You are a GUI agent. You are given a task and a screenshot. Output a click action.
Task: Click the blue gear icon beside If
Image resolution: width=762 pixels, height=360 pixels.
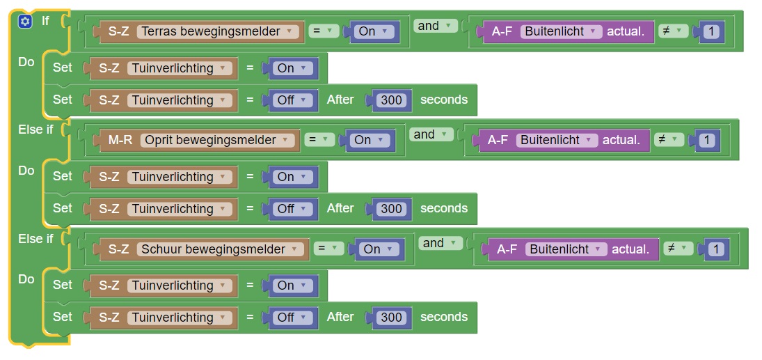(25, 21)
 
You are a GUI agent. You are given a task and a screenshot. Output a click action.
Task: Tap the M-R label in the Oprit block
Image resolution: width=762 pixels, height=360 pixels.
(120, 140)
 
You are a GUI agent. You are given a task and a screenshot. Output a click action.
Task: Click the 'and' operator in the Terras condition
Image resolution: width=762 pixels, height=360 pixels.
(434, 26)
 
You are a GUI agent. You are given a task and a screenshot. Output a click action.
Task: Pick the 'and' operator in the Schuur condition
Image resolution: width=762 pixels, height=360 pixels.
(438, 243)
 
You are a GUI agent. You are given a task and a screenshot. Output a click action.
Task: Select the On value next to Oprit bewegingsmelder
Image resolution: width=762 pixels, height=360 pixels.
(368, 140)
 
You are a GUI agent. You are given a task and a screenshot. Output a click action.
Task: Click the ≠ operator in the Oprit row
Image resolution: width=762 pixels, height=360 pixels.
(666, 140)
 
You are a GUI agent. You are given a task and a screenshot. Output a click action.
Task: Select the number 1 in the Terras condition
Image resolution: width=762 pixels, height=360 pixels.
(711, 31)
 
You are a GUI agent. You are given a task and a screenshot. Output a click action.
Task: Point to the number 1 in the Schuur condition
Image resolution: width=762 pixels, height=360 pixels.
(716, 249)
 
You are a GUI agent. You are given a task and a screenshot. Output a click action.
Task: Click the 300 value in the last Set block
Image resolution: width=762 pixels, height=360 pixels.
(391, 318)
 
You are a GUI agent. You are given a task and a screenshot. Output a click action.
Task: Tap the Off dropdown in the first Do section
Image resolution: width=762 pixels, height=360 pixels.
(291, 100)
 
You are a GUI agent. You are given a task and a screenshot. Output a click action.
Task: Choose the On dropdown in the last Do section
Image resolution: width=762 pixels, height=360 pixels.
(291, 285)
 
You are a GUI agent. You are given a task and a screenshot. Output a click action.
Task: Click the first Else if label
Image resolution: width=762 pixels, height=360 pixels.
(35, 130)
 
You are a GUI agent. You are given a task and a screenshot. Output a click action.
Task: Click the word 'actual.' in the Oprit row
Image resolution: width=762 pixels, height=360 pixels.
(621, 140)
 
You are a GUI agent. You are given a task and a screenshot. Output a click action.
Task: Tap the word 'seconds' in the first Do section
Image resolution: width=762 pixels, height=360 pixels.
(444, 100)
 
